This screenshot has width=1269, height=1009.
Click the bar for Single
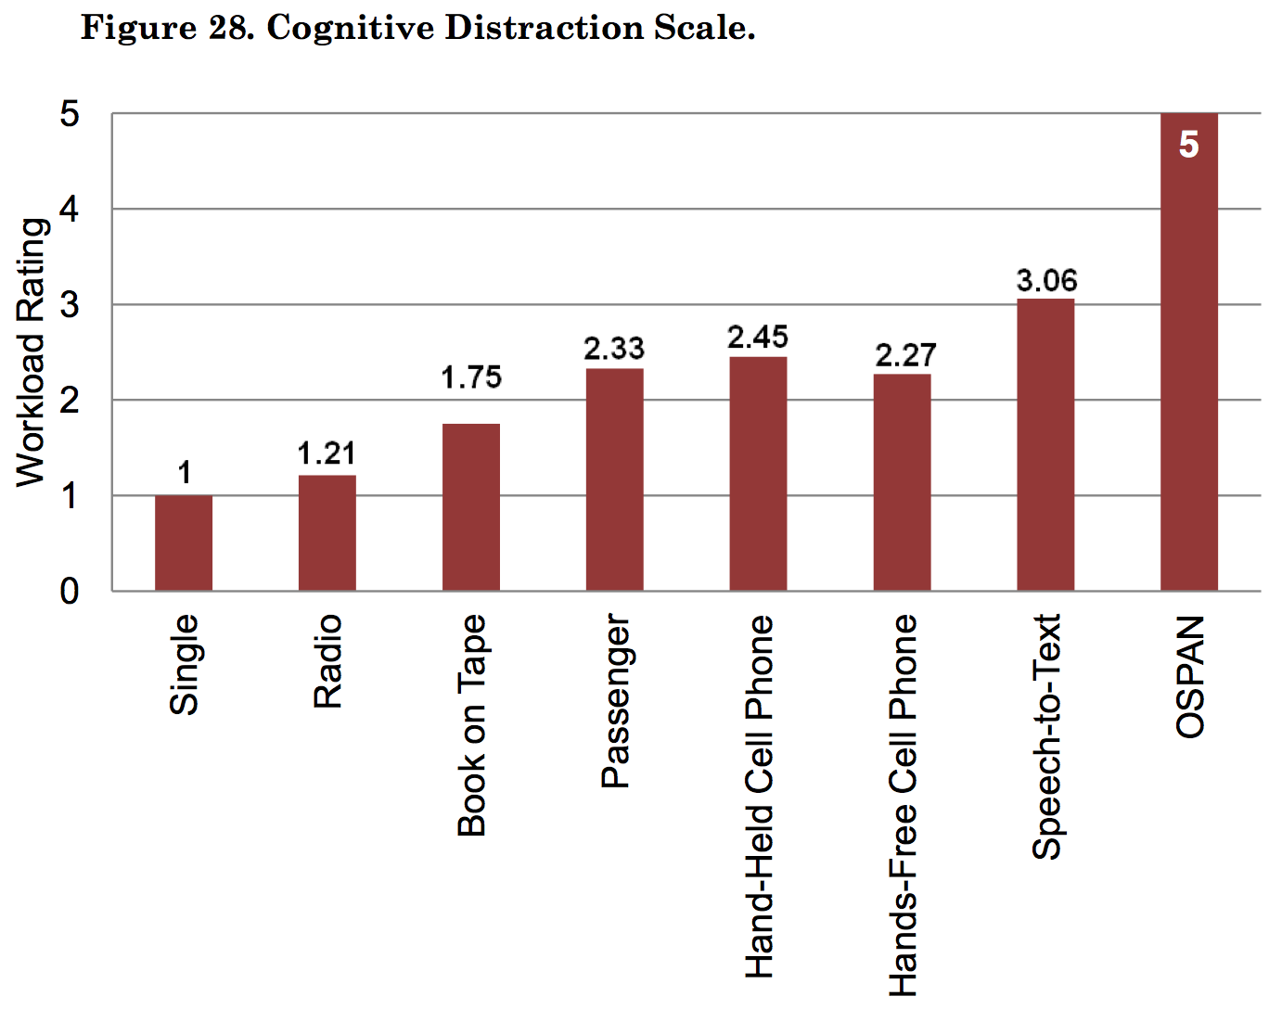tap(184, 543)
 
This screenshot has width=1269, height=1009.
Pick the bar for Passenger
tap(614, 479)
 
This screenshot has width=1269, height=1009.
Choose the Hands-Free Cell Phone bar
tap(902, 482)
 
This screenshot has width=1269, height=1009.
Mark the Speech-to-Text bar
tap(1045, 444)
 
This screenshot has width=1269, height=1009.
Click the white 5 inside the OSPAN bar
tap(1188, 146)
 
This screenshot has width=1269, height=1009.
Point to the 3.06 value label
tap(1046, 280)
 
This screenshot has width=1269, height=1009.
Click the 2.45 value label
tap(758, 338)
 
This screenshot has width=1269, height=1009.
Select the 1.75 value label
tap(471, 377)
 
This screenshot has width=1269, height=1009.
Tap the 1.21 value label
tap(327, 453)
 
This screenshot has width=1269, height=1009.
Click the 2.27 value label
tap(905, 355)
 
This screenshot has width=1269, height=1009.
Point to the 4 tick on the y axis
tap(70, 210)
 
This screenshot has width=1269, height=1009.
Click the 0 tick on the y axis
tap(70, 592)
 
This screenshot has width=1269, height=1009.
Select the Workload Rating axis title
tap(32, 352)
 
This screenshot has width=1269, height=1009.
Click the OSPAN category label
tap(1190, 676)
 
